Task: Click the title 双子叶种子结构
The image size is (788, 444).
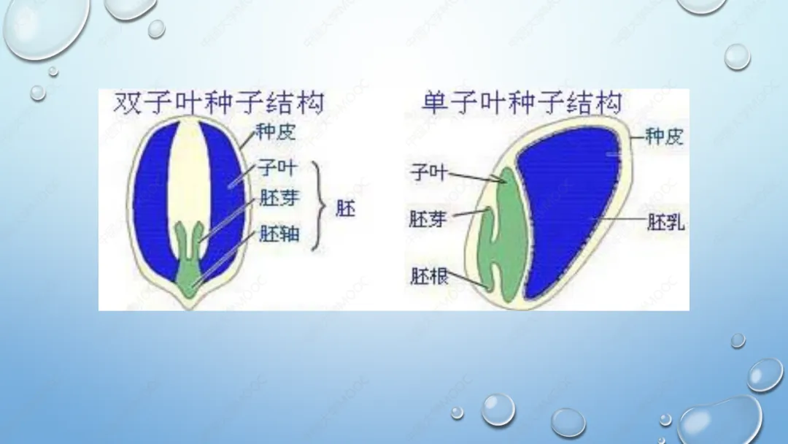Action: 219,102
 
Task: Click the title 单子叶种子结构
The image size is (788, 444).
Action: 522,102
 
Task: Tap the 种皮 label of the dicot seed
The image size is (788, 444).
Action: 275,132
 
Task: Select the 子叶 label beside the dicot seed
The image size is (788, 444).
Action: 277,168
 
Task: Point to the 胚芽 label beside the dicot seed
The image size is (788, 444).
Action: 279,199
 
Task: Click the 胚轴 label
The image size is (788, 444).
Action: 279,233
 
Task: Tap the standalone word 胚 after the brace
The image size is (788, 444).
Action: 345,208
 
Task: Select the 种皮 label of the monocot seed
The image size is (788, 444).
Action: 664,137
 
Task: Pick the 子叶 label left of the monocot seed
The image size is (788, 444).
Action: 428,172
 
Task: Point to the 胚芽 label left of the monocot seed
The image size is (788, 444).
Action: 427,219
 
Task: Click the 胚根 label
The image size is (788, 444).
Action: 429,276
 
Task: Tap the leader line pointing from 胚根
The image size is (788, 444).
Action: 468,280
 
